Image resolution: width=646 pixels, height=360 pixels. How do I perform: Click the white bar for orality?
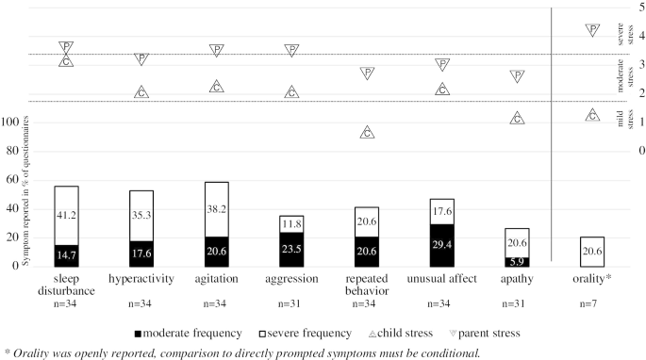coord(592,251)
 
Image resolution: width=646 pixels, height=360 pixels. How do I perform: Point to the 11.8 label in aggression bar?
coord(291,223)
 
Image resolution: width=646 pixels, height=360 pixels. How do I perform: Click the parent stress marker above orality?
coord(592,30)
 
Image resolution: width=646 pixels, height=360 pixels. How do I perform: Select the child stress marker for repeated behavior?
coord(367,133)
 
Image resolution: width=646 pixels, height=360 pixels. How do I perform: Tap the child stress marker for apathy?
coord(517,119)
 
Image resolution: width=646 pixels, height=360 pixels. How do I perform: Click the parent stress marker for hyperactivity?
coord(141,59)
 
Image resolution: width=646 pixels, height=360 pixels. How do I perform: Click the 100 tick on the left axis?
coord(36,122)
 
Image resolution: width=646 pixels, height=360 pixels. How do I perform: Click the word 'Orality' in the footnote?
coord(27,352)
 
